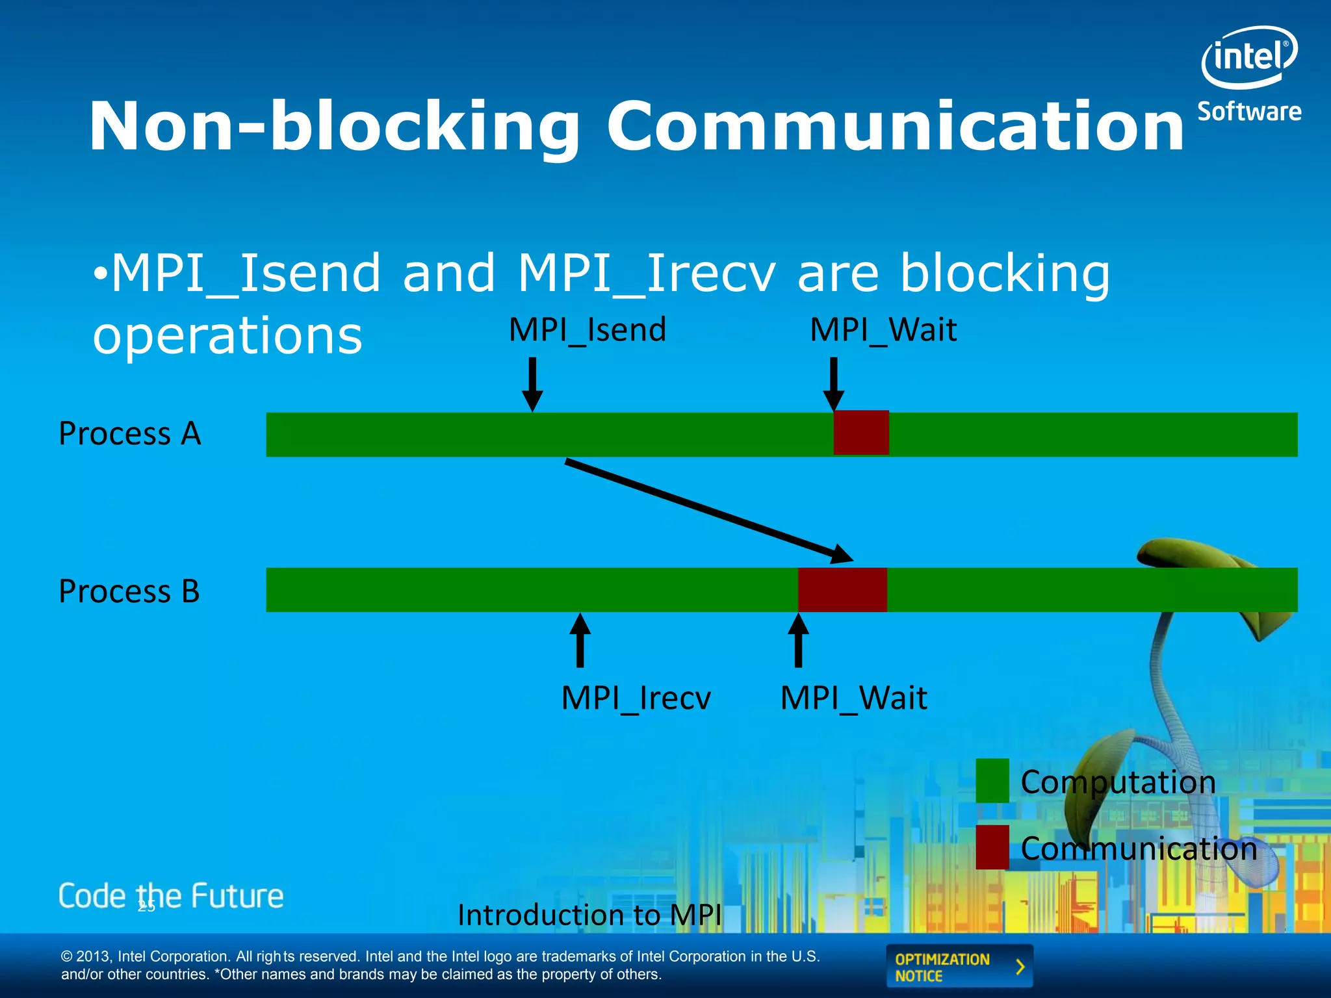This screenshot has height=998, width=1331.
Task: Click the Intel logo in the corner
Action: [x=1248, y=57]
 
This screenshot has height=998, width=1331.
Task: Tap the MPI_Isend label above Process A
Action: [x=587, y=329]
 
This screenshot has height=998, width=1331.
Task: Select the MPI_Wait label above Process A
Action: [x=883, y=329]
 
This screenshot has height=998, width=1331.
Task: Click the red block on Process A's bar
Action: [x=861, y=433]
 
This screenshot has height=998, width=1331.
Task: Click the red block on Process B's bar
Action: [x=842, y=589]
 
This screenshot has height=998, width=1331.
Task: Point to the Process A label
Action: [x=130, y=433]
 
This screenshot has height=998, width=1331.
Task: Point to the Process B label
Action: [x=129, y=591]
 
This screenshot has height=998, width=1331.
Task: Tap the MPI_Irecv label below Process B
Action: [x=636, y=698]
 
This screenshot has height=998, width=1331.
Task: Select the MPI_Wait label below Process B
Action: [x=853, y=698]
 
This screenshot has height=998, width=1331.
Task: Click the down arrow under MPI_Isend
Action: [x=532, y=384]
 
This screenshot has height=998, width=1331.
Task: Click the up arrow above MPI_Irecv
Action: [x=580, y=641]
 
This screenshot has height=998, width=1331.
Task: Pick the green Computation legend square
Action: [x=992, y=780]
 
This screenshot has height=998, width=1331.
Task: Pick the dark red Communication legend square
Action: [x=992, y=847]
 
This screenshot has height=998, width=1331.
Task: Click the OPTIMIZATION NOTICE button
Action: [x=959, y=967]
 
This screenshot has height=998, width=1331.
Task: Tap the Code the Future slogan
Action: [x=171, y=896]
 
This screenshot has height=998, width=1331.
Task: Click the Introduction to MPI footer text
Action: [x=589, y=915]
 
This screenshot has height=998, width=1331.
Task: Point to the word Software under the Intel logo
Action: [x=1249, y=112]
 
